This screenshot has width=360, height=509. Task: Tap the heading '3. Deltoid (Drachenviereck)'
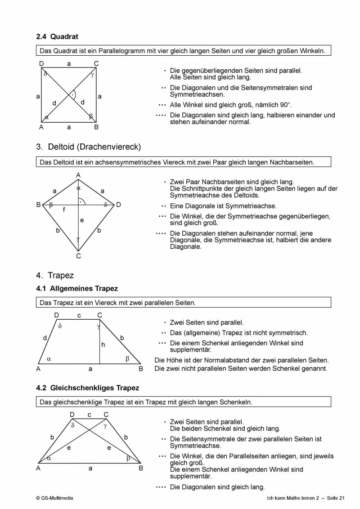click(x=89, y=147)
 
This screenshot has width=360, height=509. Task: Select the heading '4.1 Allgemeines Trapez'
click(x=77, y=288)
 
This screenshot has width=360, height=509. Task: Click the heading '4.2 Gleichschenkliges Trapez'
click(x=88, y=388)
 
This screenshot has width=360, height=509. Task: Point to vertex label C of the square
click(x=96, y=64)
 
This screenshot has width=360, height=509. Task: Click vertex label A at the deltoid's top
click(x=78, y=175)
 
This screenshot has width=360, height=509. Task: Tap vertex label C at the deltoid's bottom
click(x=78, y=256)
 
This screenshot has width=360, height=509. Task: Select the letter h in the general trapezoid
click(x=103, y=345)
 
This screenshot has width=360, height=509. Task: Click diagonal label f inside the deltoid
click(x=64, y=209)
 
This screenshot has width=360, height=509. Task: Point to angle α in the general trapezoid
click(x=49, y=359)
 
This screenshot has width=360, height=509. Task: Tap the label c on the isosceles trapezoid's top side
click(x=89, y=415)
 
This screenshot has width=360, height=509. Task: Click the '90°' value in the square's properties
click(x=283, y=105)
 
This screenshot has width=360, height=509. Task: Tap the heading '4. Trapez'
click(x=55, y=275)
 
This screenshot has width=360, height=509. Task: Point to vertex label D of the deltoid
click(x=118, y=205)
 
